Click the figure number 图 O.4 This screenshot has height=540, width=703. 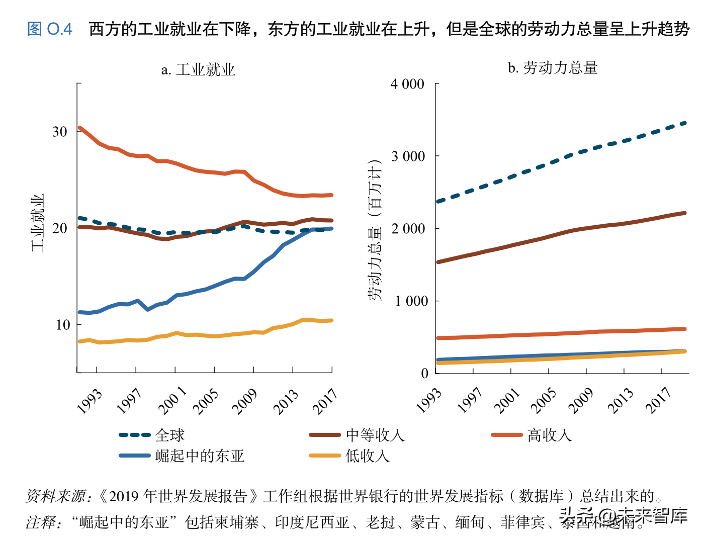[49, 29]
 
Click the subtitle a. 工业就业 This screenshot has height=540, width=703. [198, 69]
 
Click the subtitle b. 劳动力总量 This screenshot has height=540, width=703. [552, 68]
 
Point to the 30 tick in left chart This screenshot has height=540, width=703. [60, 132]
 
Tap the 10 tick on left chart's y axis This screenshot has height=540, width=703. [62, 325]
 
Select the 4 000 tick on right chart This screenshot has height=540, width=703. [407, 84]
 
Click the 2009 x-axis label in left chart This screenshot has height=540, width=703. [245, 401]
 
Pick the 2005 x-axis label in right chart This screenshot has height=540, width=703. [545, 400]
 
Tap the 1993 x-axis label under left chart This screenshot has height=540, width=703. [90, 401]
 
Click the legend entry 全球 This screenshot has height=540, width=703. [169, 435]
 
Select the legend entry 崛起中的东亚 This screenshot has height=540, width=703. [200, 456]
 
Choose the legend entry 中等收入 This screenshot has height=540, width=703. [375, 435]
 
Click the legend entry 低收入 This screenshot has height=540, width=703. [367, 456]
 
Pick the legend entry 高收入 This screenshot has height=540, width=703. [549, 435]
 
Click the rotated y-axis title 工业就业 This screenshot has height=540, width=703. [38, 223]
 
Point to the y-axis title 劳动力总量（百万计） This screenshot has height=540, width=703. [375, 230]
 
